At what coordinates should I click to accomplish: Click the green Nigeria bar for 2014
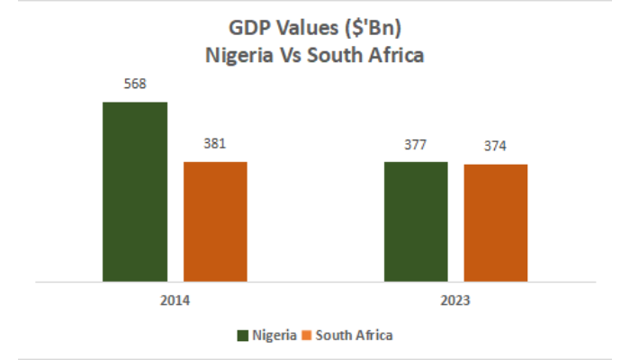click(x=135, y=191)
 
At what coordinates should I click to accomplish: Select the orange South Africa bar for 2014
click(x=215, y=220)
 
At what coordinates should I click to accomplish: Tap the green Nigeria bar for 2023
click(x=416, y=220)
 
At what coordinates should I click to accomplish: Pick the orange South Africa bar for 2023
click(x=496, y=222)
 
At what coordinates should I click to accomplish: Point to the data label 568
click(x=135, y=85)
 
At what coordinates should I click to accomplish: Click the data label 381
click(x=215, y=143)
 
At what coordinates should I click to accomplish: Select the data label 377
click(x=416, y=144)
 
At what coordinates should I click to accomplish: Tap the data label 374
click(x=496, y=146)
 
